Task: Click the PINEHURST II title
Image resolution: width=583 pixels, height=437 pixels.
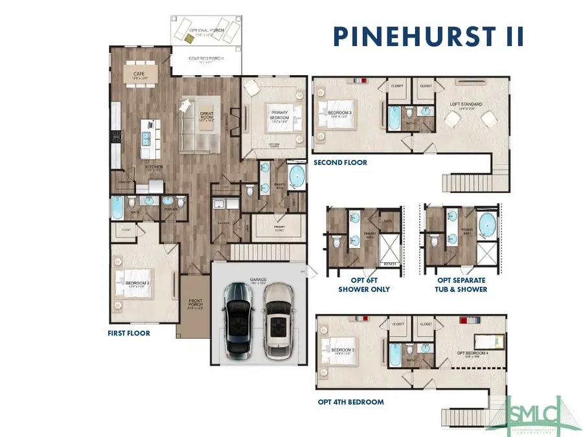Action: (x=428, y=36)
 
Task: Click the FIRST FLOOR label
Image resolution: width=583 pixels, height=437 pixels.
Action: (x=129, y=333)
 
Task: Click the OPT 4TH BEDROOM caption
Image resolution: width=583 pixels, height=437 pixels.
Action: (x=350, y=402)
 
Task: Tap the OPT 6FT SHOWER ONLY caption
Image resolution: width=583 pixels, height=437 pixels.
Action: (x=364, y=286)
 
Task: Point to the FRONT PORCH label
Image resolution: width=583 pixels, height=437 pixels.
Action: (x=196, y=304)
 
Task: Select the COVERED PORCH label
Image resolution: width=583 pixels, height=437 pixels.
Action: (x=206, y=59)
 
